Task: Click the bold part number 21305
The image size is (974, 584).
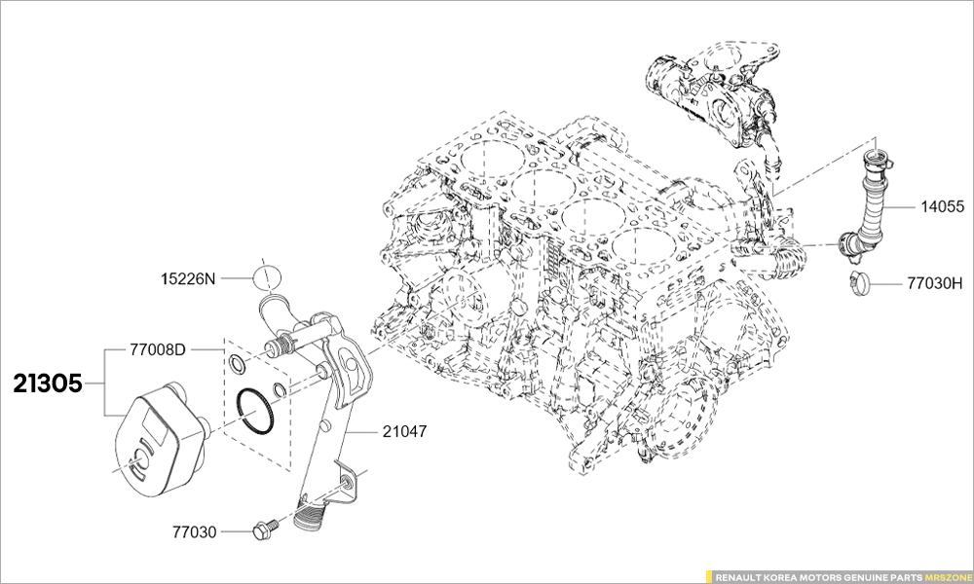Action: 48,384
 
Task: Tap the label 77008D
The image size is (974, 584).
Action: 158,349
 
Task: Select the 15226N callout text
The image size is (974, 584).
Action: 188,278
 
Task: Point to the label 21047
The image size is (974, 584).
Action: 404,431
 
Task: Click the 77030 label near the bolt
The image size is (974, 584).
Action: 195,531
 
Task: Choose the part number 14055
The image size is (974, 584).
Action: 942,206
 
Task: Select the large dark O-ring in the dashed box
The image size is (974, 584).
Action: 254,411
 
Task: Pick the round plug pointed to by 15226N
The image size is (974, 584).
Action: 267,276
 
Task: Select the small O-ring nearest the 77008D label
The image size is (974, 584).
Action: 236,361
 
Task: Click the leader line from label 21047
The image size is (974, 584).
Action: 362,431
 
